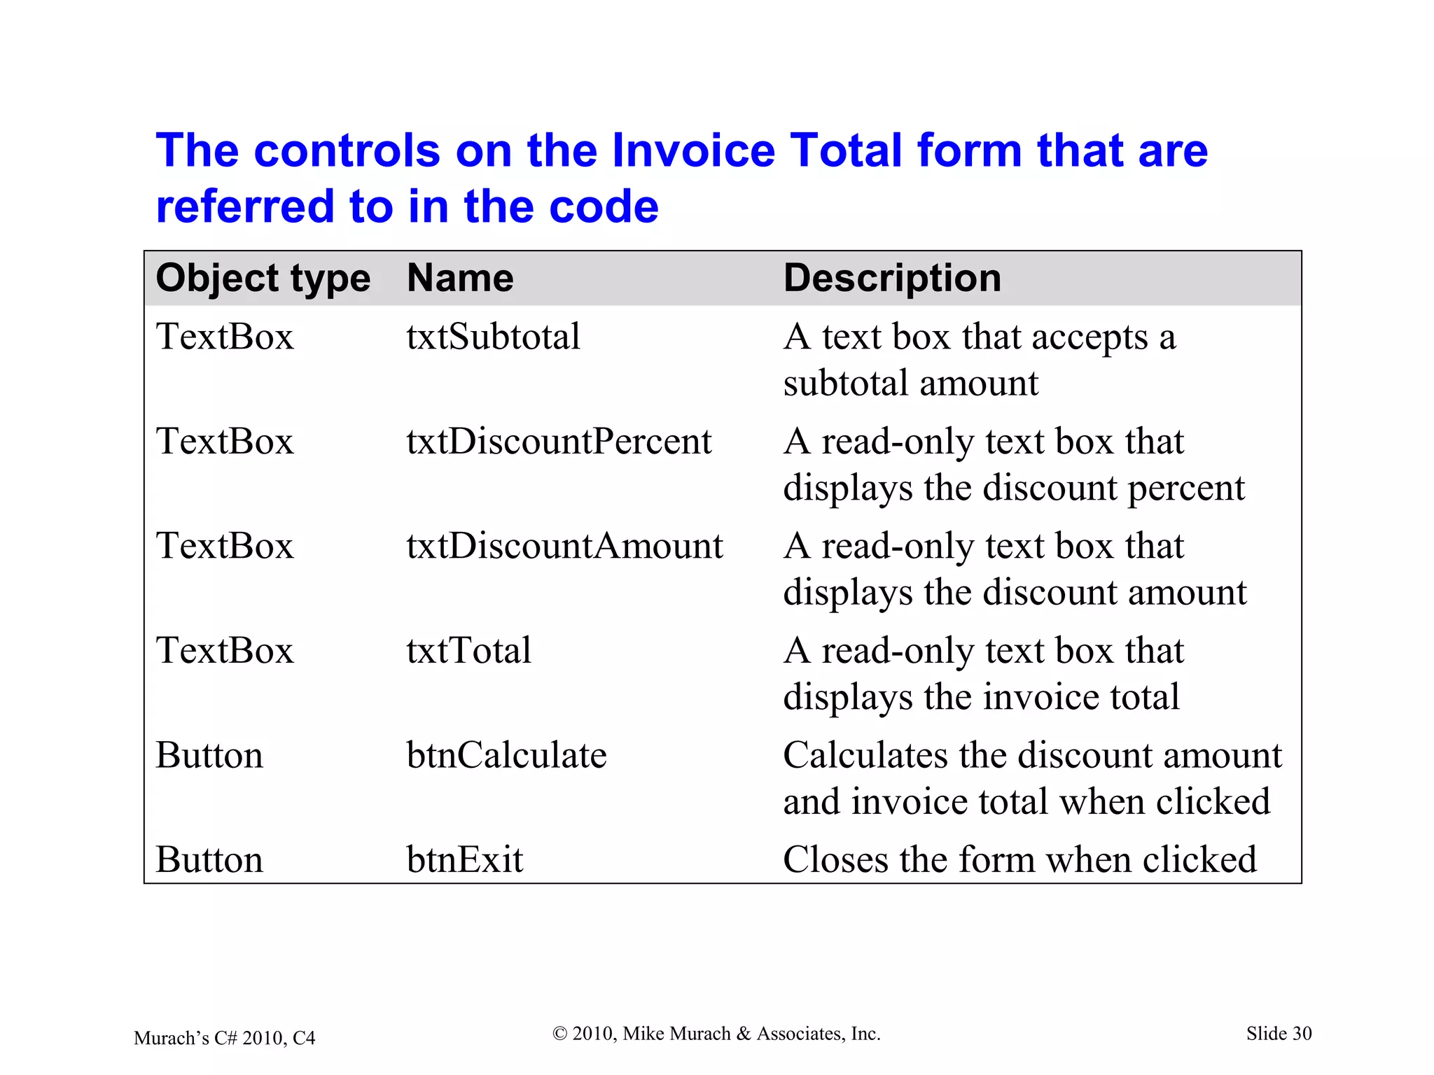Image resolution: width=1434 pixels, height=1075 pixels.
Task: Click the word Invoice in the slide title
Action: point(693,150)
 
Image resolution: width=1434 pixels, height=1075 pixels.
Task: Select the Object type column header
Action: point(263,278)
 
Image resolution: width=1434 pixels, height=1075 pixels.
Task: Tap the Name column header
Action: point(460,278)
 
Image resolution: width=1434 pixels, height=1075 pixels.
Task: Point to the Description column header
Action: point(892,278)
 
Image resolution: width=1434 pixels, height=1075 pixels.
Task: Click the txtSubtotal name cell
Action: point(493,337)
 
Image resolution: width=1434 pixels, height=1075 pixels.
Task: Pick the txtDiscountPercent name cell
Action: point(559,442)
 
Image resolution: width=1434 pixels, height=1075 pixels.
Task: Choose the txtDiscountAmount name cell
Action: point(564,546)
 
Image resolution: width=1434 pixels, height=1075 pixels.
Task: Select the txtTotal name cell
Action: point(468,650)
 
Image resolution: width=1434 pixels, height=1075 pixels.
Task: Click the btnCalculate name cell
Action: point(506,755)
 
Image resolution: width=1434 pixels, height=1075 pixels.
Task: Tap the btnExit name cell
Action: point(464,859)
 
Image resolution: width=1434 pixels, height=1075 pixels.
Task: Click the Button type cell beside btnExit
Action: point(209,859)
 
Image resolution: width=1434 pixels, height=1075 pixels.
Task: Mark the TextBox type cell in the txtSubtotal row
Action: point(224,337)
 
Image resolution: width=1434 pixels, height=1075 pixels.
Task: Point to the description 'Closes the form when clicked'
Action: point(1019,859)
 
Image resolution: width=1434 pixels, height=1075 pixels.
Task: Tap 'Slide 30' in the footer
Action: point(1279,1034)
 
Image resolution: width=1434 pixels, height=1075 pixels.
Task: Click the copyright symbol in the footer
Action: point(559,1034)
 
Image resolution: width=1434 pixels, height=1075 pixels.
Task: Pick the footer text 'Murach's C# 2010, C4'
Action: point(224,1038)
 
